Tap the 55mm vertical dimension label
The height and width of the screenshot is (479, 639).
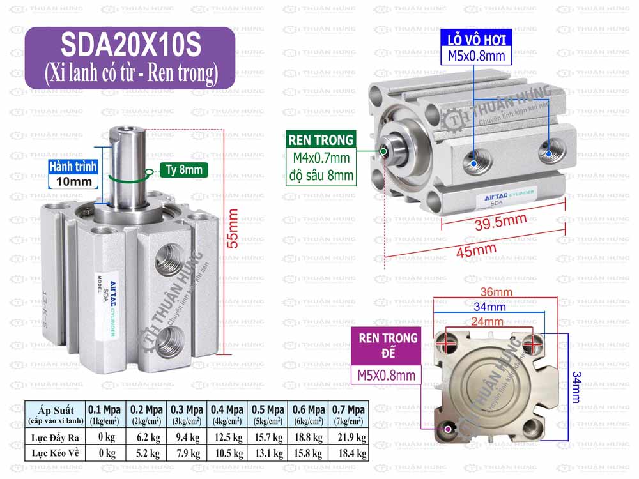(233, 228)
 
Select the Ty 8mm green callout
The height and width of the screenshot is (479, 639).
(181, 170)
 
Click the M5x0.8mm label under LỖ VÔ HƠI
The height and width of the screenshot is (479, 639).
(476, 56)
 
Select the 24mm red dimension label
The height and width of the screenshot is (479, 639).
(488, 322)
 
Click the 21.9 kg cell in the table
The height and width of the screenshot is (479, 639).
(348, 437)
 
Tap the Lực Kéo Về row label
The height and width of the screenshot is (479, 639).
(54, 453)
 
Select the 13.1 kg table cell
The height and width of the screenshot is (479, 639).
(269, 453)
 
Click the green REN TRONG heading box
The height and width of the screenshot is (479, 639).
(321, 140)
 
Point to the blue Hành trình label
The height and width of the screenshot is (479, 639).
(73, 167)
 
